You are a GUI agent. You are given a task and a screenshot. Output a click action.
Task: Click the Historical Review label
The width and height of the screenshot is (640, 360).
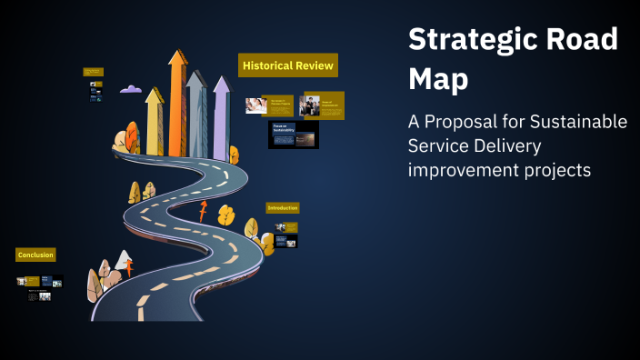click(288, 66)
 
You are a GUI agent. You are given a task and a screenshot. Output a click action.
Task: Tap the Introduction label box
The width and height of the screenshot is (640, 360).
click(283, 208)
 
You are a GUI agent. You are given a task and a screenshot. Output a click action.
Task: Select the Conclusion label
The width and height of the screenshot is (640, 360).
click(36, 255)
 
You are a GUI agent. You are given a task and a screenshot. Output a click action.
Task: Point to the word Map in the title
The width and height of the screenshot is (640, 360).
click(439, 80)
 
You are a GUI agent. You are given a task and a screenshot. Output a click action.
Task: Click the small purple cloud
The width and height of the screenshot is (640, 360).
click(131, 89)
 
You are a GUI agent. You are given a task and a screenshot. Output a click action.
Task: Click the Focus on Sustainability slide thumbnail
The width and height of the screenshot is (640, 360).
click(294, 135)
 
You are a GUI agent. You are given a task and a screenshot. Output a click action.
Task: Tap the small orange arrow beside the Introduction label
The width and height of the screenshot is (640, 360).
click(203, 213)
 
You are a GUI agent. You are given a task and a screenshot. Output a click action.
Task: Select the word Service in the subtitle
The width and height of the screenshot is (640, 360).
click(443, 146)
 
